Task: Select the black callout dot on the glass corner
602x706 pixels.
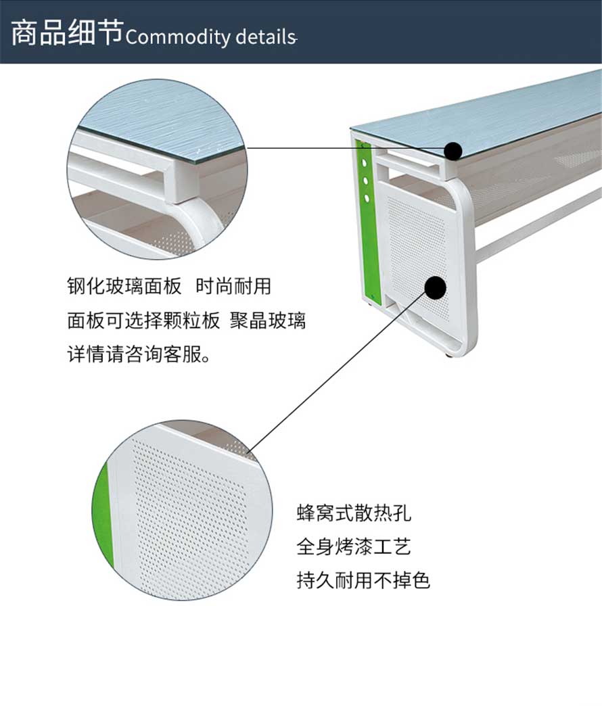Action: point(453,150)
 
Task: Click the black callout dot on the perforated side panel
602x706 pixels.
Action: point(435,287)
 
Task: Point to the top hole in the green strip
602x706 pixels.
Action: point(365,164)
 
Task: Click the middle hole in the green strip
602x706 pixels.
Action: point(366,181)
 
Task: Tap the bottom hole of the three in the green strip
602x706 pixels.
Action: point(367,197)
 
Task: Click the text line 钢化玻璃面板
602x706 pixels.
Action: point(124,286)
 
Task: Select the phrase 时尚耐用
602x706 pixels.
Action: point(233,286)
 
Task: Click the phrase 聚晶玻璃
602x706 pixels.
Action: point(268,320)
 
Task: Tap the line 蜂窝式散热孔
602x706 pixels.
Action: point(354,513)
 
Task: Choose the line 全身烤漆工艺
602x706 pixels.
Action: point(354,546)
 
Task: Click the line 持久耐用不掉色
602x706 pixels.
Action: point(363,580)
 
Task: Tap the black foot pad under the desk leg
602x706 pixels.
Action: point(449,355)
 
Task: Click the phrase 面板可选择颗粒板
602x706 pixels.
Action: point(143,320)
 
